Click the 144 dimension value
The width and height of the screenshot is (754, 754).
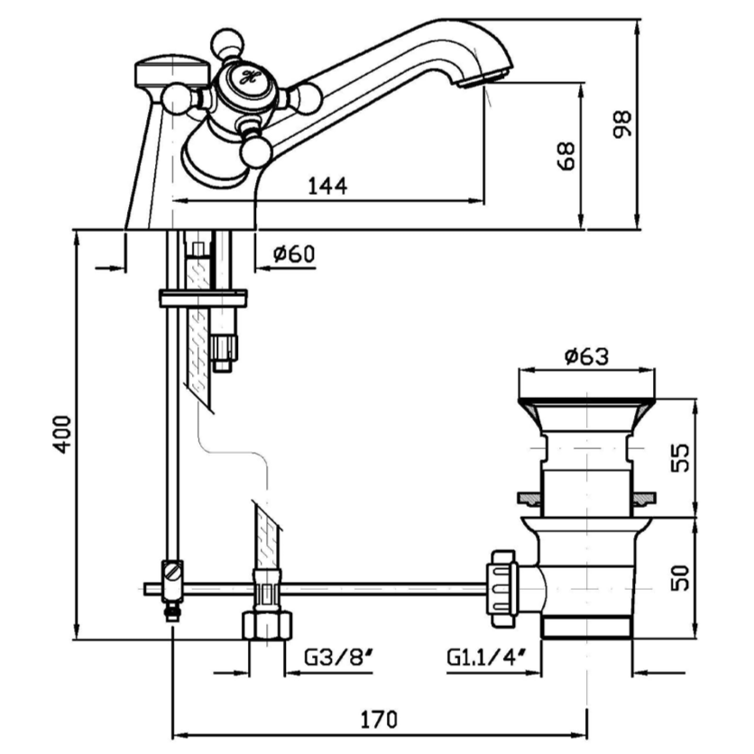pos(328,186)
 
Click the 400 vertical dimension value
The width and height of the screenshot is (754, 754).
pos(60,434)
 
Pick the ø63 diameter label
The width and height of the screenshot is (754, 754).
pos(586,356)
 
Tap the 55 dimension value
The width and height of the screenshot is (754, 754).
pos(682,456)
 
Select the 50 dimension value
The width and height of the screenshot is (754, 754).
pos(682,576)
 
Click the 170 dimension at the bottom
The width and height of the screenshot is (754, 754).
pos(380,719)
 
